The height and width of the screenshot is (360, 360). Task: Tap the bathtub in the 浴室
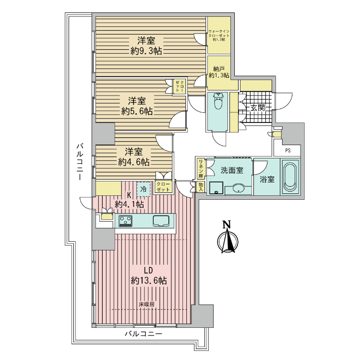click(290, 177)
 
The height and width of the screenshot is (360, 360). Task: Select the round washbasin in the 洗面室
click(239, 188)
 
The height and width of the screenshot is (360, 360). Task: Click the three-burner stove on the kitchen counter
click(125, 221)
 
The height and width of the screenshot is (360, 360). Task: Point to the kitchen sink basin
click(161, 221)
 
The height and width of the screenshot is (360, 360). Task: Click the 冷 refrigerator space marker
click(144, 189)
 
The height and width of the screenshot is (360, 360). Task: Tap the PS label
click(288, 151)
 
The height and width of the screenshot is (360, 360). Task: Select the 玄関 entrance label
click(257, 108)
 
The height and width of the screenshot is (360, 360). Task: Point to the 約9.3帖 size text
click(146, 51)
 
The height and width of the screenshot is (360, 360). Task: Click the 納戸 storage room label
click(219, 69)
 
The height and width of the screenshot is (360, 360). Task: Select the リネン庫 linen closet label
click(201, 169)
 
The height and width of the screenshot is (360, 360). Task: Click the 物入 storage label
click(201, 187)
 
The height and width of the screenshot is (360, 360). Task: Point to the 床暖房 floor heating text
click(146, 304)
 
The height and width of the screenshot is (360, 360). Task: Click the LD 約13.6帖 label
click(149, 276)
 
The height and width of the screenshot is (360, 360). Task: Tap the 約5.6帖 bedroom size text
click(137, 111)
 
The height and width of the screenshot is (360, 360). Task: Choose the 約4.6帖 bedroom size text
click(134, 162)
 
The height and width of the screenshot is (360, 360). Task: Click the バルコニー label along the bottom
click(144, 334)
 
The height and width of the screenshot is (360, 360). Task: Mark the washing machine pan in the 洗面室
click(216, 188)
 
